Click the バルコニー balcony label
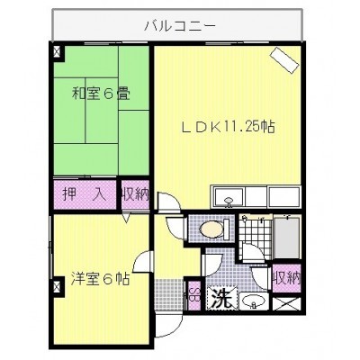[180, 26]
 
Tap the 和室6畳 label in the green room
[101, 94]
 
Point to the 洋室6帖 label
[100, 279]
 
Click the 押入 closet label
[85, 194]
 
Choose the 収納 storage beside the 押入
[135, 194]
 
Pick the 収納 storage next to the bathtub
[286, 278]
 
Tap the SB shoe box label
[195, 295]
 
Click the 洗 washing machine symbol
[221, 298]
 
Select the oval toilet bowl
[211, 229]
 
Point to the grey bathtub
[287, 238]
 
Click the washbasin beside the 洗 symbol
[254, 301]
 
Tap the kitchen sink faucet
[229, 202]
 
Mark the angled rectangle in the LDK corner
[284, 59]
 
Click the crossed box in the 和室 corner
[57, 52]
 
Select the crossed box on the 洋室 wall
[57, 287]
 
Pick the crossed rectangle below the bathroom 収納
[286, 304]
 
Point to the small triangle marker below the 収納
[127, 217]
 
